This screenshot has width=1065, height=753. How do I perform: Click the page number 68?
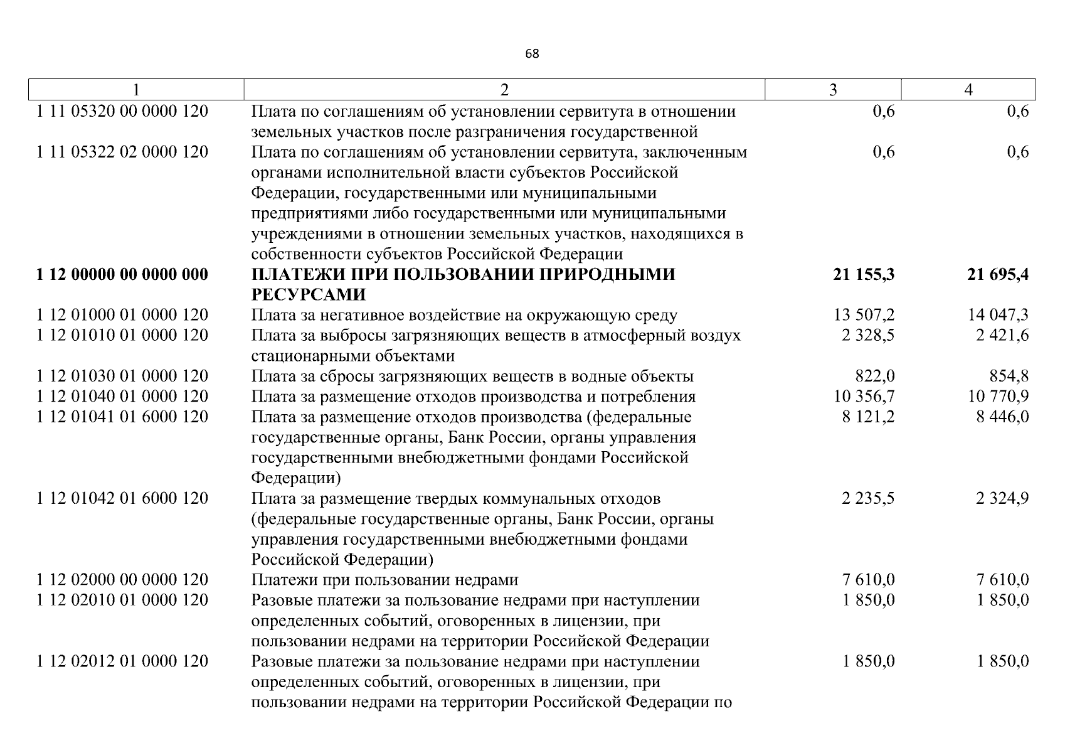pyautogui.click(x=531, y=54)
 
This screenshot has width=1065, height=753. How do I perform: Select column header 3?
pyautogui.click(x=833, y=90)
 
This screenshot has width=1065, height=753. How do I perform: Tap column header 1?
pyautogui.click(x=136, y=90)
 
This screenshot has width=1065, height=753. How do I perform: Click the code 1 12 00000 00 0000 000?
pyautogui.click(x=122, y=274)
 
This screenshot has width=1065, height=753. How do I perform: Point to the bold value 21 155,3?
pyautogui.click(x=864, y=274)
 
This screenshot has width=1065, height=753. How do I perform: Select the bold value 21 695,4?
pyautogui.click(x=998, y=274)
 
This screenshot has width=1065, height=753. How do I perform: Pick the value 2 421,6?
pyautogui.click(x=1002, y=335)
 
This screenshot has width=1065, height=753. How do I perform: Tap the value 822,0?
pyautogui.click(x=875, y=376)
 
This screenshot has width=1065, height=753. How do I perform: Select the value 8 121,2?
pyautogui.click(x=868, y=417)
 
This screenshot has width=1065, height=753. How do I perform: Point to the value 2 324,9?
pyautogui.click(x=1002, y=498)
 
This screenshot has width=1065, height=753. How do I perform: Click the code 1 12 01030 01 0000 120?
pyautogui.click(x=122, y=376)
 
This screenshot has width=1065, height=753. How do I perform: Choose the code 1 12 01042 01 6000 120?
pyautogui.click(x=122, y=498)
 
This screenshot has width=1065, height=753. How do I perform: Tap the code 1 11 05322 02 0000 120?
pyautogui.click(x=122, y=152)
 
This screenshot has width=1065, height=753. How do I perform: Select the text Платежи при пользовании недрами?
pyautogui.click(x=384, y=580)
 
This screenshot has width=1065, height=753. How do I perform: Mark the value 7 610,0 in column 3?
pyautogui.click(x=868, y=580)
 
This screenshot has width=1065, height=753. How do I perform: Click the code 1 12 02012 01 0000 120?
pyautogui.click(x=122, y=661)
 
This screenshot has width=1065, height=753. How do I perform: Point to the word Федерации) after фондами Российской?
pyautogui.click(x=296, y=478)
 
